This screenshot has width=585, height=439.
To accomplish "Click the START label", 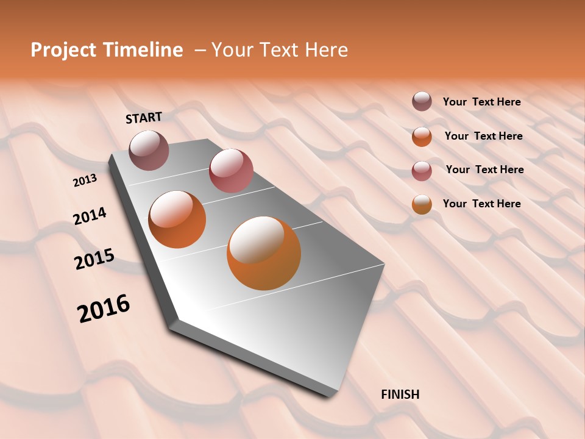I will (x=144, y=118).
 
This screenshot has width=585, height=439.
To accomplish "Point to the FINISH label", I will (x=400, y=394).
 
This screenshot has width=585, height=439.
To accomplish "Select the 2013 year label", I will (x=85, y=180).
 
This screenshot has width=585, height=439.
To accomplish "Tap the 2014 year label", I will (x=90, y=216).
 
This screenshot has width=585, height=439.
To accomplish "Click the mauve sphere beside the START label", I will (x=149, y=150).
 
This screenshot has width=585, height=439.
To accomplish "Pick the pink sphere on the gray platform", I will (x=231, y=171).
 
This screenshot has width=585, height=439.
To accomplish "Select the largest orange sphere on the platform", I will (x=264, y=253).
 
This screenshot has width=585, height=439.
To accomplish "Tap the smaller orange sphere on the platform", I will (x=177, y=220).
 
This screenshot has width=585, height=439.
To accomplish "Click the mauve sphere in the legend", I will (x=422, y=102).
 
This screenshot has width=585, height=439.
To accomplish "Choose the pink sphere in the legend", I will (x=422, y=171).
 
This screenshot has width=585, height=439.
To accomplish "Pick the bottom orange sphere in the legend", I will (x=422, y=204).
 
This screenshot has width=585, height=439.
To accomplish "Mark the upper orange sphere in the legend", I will (x=422, y=137).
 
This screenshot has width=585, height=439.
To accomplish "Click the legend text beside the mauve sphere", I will (x=481, y=102).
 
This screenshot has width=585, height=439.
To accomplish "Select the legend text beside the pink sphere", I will (x=484, y=170).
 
